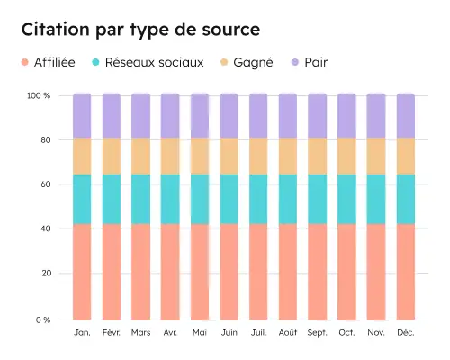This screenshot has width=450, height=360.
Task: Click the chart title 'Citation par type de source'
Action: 140,30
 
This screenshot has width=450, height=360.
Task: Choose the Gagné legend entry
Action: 246,62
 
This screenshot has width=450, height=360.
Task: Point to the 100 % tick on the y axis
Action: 38,95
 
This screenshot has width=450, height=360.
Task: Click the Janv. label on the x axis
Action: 82,333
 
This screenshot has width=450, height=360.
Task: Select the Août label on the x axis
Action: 288,333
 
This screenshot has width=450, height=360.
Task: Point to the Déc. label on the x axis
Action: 406,333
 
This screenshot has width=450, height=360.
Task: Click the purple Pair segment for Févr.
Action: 112,115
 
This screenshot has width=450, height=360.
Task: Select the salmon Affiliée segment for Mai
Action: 200,271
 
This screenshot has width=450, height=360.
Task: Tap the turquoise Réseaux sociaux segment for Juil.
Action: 258,199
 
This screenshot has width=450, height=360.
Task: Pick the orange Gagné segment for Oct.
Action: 346,156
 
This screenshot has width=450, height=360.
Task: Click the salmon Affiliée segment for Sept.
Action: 318,271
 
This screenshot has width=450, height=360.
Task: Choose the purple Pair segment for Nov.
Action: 376,115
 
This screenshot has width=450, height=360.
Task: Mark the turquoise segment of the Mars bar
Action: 140,199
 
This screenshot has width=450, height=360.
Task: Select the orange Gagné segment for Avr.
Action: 170,156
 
